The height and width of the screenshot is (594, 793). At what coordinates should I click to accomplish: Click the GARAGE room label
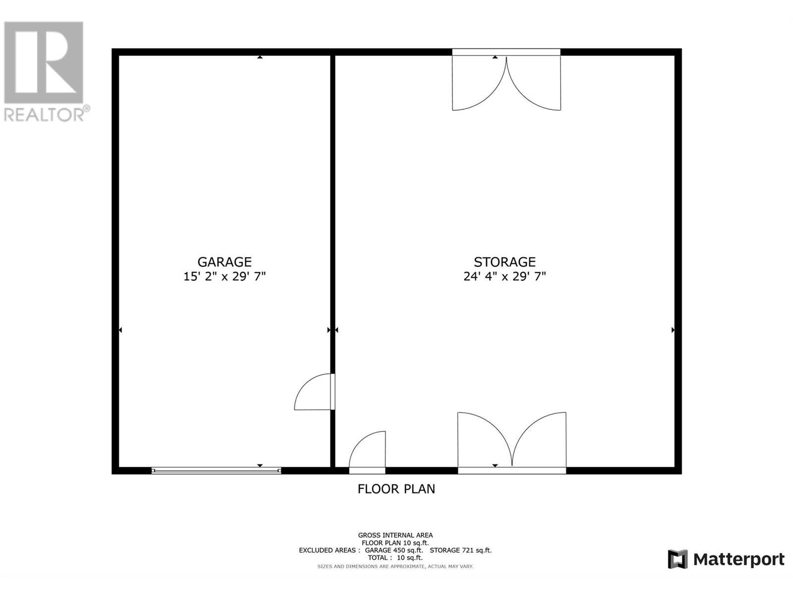coord(225,262)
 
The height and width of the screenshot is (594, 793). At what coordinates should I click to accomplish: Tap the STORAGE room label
coord(505,262)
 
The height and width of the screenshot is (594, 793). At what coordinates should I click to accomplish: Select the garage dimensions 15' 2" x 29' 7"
coord(225,276)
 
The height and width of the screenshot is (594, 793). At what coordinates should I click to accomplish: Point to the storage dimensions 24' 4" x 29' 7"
coord(505,276)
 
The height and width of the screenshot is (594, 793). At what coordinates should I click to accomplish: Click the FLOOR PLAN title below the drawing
coord(396,489)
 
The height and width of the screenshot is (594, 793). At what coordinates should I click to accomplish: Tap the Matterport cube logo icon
coord(678,559)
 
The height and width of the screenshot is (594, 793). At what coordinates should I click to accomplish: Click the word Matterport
coord(738,559)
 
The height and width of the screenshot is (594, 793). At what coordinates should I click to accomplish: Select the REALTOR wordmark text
coord(45,115)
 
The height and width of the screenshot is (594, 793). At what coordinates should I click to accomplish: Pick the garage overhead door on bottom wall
coord(216,471)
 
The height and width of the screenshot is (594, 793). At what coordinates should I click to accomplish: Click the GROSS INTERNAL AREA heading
coord(396,535)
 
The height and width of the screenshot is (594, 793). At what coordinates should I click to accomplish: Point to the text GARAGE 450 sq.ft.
coord(394,550)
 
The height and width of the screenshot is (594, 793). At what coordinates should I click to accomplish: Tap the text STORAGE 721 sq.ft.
coord(460,550)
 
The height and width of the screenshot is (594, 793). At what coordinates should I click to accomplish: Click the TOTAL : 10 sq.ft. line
coord(395,558)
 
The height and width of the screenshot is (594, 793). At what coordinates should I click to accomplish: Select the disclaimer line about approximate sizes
coord(395,566)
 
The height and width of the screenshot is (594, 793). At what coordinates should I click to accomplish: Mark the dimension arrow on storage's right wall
coord(673,330)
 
